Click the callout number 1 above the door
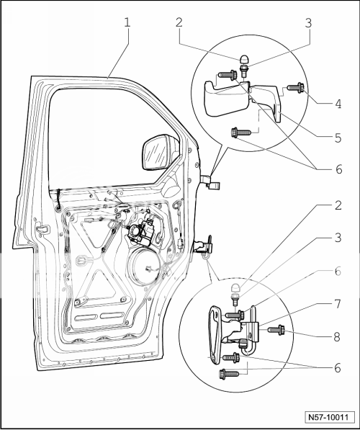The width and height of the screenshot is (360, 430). click(127, 22)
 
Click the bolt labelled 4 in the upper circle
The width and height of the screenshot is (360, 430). click(295, 89)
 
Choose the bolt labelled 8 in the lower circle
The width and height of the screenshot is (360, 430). click(277, 330)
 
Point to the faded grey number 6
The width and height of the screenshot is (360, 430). click(337, 272)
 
